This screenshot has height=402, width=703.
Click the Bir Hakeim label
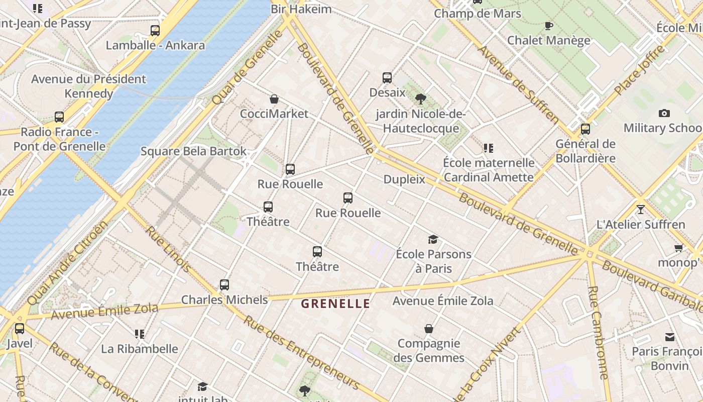pos(301,9)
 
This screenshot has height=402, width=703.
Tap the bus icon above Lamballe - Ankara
pos(155,31)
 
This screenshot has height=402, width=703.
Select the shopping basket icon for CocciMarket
pos(274,99)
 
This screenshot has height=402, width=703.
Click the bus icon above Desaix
pos(387,78)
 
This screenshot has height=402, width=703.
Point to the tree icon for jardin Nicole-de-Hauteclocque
pos(421,99)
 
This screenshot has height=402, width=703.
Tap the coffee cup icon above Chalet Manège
pos(549,26)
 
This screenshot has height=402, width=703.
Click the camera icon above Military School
pos(664,113)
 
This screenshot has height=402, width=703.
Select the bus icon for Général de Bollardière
pos(585,129)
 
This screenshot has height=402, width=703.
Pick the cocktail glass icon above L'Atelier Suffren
pos(640,210)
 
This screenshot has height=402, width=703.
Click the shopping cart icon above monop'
pos(679,248)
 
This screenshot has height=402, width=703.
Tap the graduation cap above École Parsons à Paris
pos(433,239)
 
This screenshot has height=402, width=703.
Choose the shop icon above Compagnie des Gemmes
pos(429,329)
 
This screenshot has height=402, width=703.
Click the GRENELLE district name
pos(335,304)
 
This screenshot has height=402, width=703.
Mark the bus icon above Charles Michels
pos(224,285)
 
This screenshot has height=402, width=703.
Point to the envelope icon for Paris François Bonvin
pos(670,337)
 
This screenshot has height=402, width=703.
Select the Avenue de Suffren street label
pos(518,85)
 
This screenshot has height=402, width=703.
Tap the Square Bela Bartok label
pos(193,151)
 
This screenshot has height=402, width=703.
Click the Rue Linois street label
pos(168,249)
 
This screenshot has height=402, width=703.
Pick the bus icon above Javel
pos(20,329)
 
